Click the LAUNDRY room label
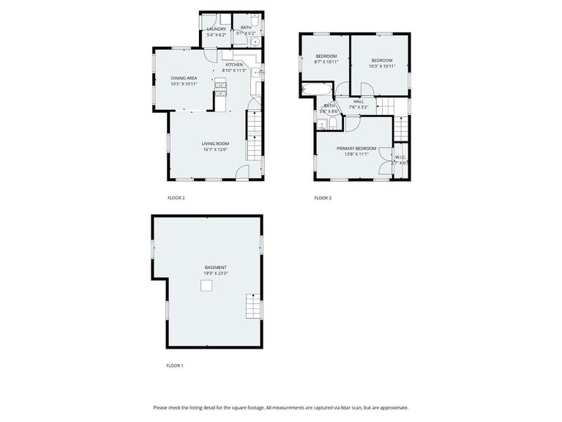click(x=217, y=29)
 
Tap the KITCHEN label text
click(x=234, y=64)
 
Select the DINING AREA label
click(x=184, y=78)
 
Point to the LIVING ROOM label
click(x=216, y=144)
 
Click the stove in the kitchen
click(x=220, y=87)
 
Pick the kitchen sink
click(x=257, y=73)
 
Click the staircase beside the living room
click(x=254, y=139)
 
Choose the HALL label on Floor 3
click(x=359, y=102)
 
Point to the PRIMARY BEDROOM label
click(x=353, y=149)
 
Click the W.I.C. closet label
click(x=400, y=157)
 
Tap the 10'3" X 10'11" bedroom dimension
click(x=382, y=67)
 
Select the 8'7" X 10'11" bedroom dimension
click(x=326, y=62)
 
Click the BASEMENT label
click(x=216, y=267)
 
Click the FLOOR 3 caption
click(x=323, y=198)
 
